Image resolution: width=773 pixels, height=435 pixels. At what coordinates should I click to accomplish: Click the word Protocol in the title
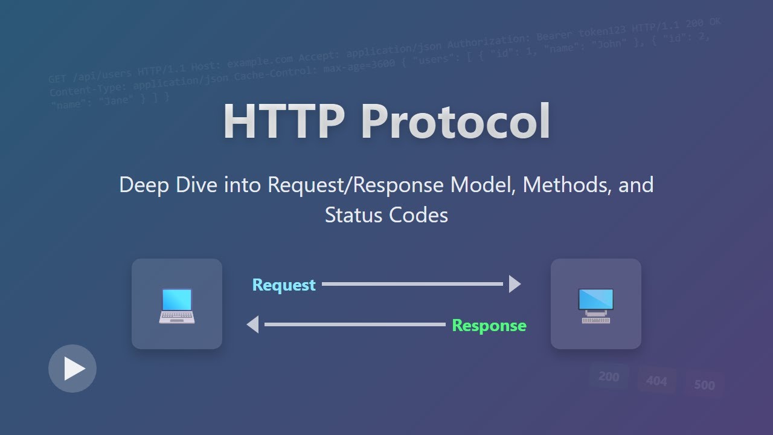(x=456, y=122)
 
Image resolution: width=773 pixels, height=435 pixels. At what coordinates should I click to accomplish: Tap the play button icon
(x=72, y=369)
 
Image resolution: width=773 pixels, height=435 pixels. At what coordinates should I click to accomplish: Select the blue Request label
(x=284, y=285)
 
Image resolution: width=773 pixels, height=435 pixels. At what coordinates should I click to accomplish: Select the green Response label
(x=489, y=326)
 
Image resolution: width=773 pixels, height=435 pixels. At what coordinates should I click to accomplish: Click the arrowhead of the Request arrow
(x=514, y=284)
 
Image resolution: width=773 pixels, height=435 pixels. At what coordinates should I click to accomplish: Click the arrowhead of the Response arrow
(x=253, y=324)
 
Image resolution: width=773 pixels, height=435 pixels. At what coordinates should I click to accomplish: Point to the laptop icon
(x=177, y=305)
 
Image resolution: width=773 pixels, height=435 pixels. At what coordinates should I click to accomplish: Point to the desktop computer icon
(x=595, y=305)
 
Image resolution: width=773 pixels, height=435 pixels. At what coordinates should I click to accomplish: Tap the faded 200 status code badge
(x=609, y=376)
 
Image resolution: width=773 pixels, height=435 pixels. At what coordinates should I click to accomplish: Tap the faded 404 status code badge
(x=656, y=381)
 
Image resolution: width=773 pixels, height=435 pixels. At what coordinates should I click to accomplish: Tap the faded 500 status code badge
(x=704, y=385)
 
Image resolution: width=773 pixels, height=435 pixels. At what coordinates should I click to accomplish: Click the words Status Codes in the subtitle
(x=386, y=215)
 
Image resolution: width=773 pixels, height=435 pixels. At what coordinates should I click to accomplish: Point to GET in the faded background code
(x=59, y=79)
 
